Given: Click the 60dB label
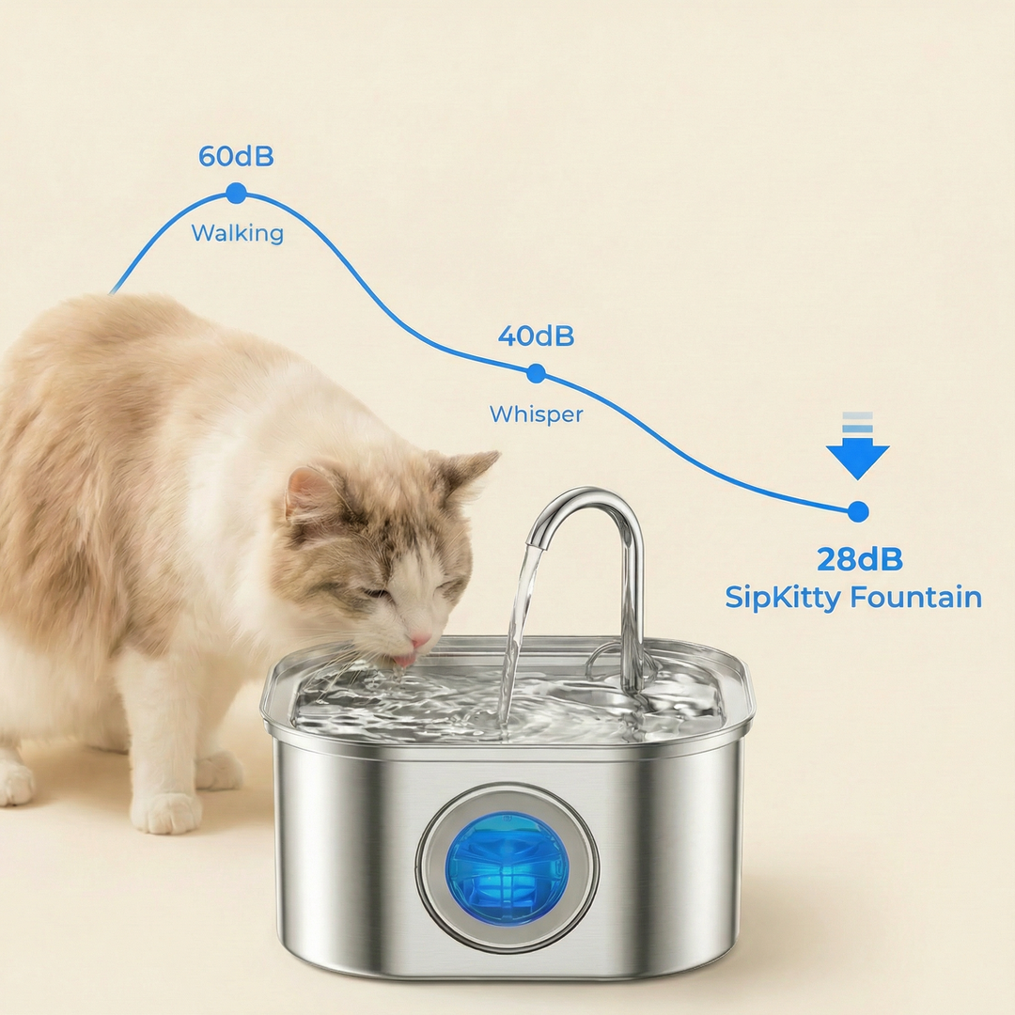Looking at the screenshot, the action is [x=236, y=157].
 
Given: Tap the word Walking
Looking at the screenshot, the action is [x=238, y=233].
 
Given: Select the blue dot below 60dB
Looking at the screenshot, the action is [x=236, y=193].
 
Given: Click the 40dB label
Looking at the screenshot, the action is [x=536, y=336].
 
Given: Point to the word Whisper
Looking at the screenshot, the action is [x=536, y=414].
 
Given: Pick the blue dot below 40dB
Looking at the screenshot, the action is [x=536, y=373].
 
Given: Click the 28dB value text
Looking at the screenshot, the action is [x=860, y=559].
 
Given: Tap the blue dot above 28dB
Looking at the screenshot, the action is [x=858, y=511].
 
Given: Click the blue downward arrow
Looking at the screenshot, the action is [x=858, y=445].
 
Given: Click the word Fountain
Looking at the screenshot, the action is [x=916, y=597].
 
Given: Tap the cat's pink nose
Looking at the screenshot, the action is [x=419, y=642].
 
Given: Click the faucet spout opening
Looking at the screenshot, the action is [x=535, y=542].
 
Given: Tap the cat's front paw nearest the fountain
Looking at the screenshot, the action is [x=166, y=811].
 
